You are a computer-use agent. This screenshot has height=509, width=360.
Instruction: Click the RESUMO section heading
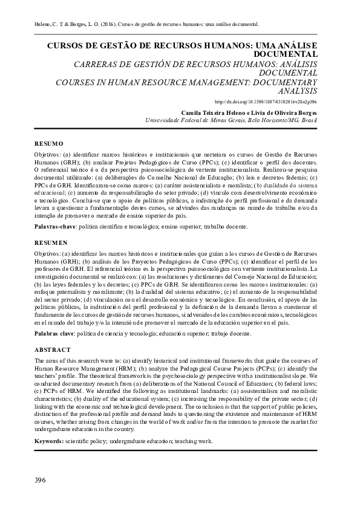click(x=49, y=144)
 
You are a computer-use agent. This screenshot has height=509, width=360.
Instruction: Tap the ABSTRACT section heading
click(x=53, y=350)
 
